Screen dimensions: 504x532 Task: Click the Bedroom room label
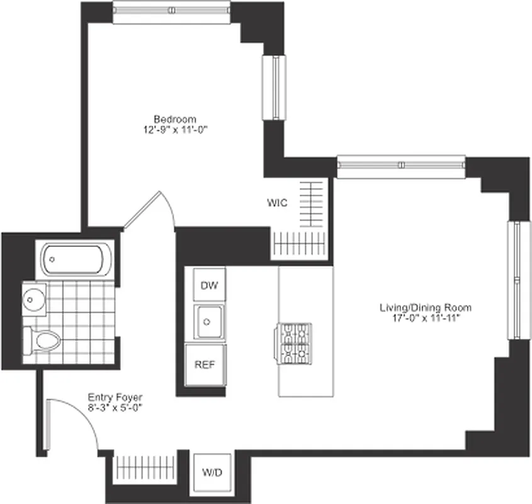[175, 119]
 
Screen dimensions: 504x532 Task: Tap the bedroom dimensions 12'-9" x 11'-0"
[175, 130]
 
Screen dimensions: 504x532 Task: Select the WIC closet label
[277, 203]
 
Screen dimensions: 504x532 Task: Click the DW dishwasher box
[209, 285]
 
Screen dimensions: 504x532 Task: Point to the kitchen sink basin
[208, 323]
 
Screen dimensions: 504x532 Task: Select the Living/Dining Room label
[425, 307]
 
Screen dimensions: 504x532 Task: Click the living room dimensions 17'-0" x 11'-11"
[425, 318]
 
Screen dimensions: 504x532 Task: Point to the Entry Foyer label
[115, 397]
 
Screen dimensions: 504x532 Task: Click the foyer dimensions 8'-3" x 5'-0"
[115, 408]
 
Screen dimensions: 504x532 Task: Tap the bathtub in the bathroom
[77, 259]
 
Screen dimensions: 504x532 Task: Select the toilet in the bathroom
[43, 341]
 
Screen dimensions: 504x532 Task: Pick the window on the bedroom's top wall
[172, 13]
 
